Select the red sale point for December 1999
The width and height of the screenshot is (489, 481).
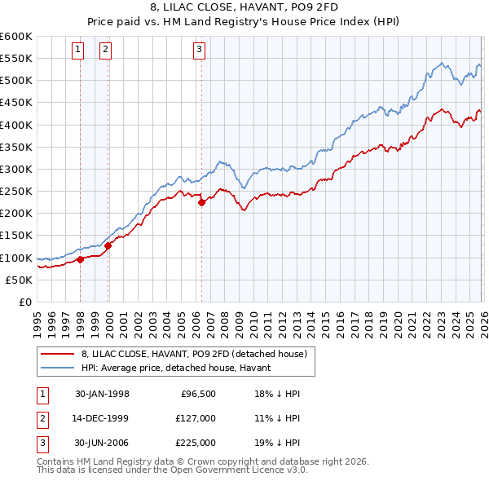click(108, 245)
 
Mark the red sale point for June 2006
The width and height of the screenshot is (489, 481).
click(201, 203)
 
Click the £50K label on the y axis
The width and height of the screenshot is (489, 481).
click(18, 280)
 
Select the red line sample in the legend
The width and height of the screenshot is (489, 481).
click(59, 354)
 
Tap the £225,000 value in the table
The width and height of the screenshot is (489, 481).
click(196, 443)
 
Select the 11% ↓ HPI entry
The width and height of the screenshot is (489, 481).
click(277, 418)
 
